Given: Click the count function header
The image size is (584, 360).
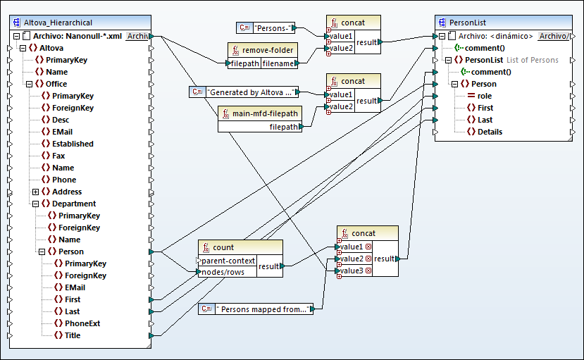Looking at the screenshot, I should [223, 247].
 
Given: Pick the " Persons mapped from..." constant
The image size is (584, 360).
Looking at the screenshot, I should [262, 309].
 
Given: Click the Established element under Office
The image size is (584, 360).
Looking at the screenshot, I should [73, 144].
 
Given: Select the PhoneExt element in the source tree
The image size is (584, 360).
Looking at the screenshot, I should [82, 323].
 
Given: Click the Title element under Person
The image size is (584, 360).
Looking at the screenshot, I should [73, 335].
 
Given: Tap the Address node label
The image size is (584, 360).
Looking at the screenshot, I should [66, 192].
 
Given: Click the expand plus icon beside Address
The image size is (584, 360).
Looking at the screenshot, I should [35, 192].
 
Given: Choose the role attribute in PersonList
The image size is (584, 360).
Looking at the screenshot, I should [485, 96].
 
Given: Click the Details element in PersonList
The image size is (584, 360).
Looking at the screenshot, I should [490, 132].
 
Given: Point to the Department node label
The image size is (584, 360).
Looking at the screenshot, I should [74, 204].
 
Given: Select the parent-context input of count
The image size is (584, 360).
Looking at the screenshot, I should [228, 260].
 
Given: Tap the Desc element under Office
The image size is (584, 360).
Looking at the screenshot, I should [61, 120].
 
